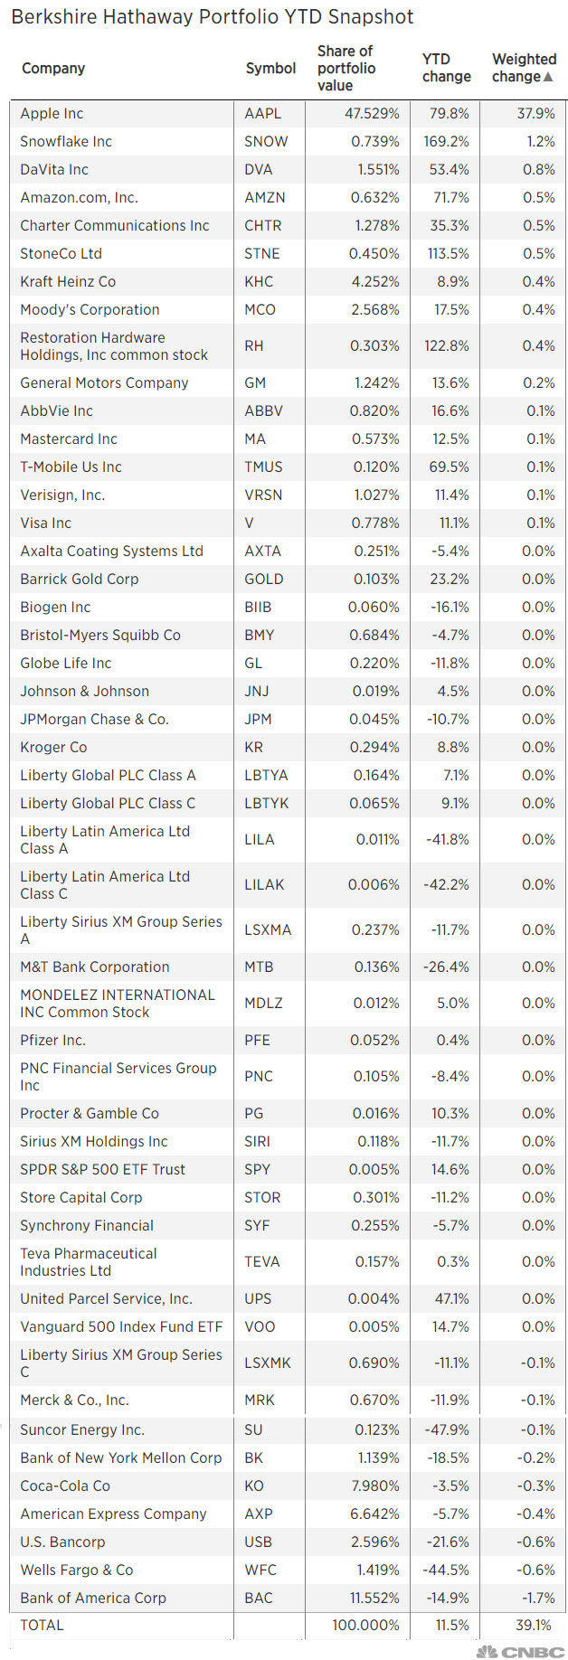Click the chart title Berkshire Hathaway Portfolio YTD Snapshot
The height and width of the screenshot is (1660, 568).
[212, 16]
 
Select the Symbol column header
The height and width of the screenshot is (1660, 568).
[270, 68]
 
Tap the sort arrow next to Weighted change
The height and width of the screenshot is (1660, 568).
[548, 77]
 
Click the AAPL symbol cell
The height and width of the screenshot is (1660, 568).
[262, 113]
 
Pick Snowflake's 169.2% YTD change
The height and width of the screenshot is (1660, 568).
[447, 141]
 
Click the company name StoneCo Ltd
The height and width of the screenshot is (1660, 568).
[61, 253]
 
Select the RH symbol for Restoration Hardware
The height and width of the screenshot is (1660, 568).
[254, 345]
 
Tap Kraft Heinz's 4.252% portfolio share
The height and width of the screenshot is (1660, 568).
[374, 281]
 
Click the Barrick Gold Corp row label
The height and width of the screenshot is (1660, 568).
[79, 579]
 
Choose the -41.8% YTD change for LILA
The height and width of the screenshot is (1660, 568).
[448, 839]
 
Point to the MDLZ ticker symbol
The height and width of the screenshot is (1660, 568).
[263, 1003]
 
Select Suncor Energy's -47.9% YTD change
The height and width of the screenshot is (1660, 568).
[447, 1429]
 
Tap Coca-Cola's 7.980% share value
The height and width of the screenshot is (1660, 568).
[374, 1486]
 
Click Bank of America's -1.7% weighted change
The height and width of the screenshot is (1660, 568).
[538, 1598]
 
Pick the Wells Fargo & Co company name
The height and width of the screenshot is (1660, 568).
[76, 1570]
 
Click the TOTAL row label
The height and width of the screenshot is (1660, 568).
[42, 1625]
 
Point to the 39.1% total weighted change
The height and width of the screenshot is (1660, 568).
[535, 1625]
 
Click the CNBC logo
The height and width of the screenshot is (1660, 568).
[520, 1651]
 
